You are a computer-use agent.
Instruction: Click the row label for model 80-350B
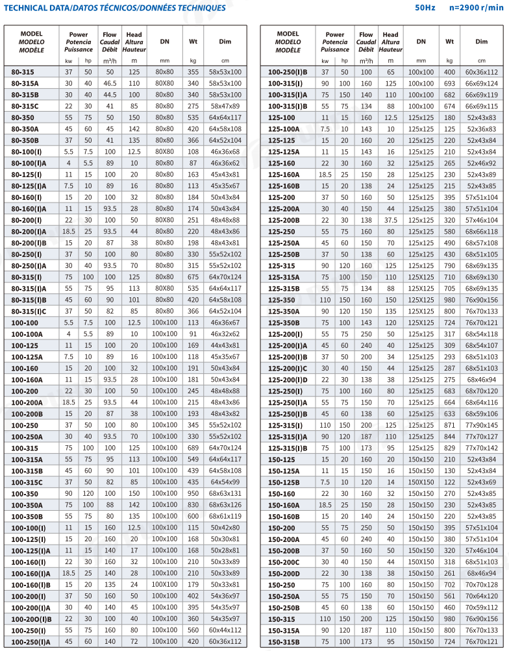25,140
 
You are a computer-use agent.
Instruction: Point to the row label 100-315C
27,482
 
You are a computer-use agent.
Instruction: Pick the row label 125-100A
284,129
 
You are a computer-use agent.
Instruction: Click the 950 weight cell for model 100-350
193,493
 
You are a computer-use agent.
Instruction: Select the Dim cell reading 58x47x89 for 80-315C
225,106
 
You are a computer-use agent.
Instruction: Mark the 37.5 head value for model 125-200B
390,219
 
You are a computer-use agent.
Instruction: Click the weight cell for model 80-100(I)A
193,163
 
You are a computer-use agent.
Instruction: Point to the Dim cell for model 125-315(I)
481,424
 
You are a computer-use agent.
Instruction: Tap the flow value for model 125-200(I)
366,334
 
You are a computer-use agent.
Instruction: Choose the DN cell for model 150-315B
421,642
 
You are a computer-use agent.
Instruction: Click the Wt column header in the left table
193,42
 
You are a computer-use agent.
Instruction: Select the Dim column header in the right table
481,42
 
